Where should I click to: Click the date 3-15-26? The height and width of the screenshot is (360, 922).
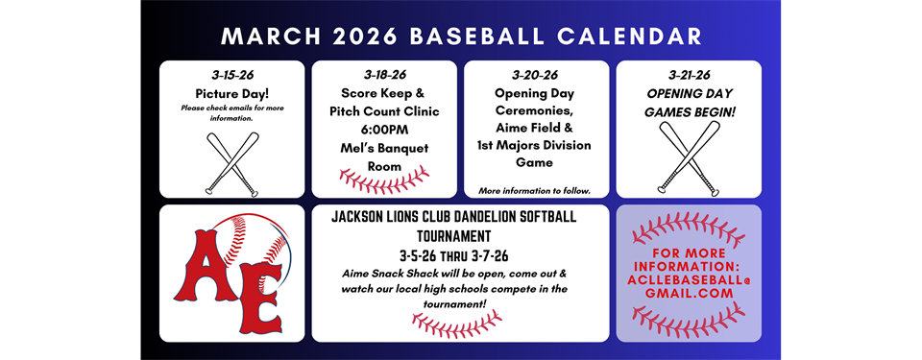click(x=230, y=75)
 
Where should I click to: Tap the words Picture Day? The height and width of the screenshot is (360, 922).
click(x=230, y=93)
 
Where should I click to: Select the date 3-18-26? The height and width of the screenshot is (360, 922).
click(x=384, y=75)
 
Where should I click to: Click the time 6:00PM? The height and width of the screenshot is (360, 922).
click(x=384, y=130)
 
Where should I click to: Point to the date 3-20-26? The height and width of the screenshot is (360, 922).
click(x=536, y=75)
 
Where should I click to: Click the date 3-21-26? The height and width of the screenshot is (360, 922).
click(x=688, y=75)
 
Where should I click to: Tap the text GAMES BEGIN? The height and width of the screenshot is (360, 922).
click(x=688, y=112)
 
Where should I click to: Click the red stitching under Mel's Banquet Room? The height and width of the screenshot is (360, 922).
click(x=384, y=180)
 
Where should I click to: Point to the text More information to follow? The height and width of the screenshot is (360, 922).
click(x=536, y=190)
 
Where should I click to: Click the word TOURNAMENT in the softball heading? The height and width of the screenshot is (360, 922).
click(x=460, y=235)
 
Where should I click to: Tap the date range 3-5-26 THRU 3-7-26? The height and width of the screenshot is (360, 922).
click(x=460, y=254)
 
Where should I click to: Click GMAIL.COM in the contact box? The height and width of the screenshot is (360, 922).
click(x=688, y=293)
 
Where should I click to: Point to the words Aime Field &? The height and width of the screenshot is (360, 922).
click(x=536, y=129)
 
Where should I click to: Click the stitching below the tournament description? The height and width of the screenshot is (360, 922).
click(x=460, y=325)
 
